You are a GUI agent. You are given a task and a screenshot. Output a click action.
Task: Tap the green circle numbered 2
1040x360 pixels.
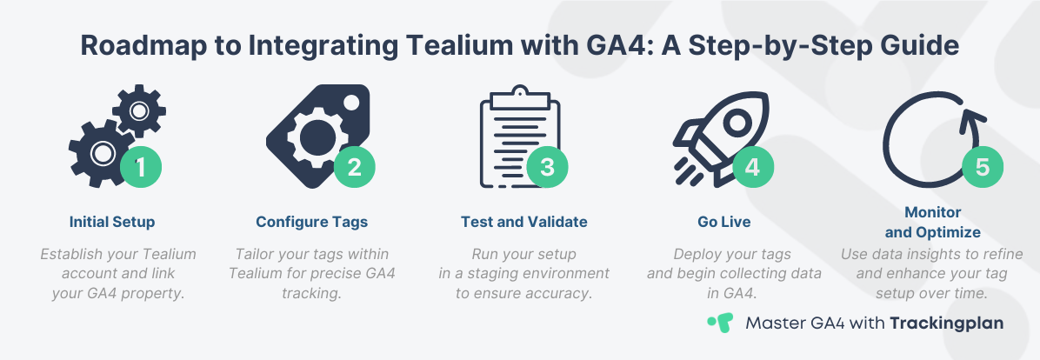pos(354,167)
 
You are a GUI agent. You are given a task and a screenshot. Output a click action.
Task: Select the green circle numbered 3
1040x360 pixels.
pos(547,167)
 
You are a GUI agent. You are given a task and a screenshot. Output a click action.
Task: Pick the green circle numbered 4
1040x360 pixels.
pos(753,167)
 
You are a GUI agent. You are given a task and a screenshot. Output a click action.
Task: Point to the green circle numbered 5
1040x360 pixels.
pos(983,167)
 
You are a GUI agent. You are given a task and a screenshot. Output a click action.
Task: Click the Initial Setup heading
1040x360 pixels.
pos(112,222)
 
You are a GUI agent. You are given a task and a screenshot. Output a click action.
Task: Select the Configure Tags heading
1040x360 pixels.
pos(311,222)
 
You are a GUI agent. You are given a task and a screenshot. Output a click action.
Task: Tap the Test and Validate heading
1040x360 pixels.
pos(524,222)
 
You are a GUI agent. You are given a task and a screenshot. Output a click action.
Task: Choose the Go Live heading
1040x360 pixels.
pos(724,222)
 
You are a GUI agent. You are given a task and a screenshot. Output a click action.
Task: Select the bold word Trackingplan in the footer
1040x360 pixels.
pos(946,323)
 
